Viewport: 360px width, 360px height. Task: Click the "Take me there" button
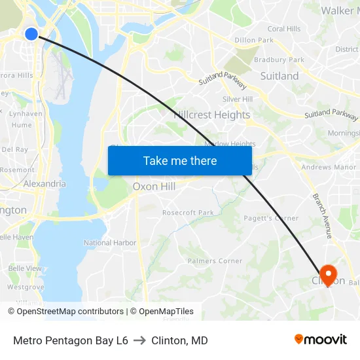(180, 160)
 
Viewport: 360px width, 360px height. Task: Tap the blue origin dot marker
(31, 33)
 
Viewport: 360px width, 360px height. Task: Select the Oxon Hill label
(154, 187)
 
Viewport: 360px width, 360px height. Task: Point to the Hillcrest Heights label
(212, 115)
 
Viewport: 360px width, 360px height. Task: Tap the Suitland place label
(279, 76)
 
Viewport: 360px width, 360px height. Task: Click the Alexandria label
(45, 184)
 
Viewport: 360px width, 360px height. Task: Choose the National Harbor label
(110, 243)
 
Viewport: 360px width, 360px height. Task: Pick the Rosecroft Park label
(188, 213)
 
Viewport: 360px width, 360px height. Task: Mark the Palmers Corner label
(215, 261)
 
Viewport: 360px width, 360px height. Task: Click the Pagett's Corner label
(270, 219)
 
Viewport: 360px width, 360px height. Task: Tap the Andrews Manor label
(329, 168)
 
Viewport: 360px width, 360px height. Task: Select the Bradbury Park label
(279, 60)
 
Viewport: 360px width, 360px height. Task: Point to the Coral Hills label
(284, 29)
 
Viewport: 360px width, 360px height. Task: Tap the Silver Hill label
(238, 99)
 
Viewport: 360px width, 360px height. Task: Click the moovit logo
(321, 339)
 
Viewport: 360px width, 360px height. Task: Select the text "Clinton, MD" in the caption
(179, 340)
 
